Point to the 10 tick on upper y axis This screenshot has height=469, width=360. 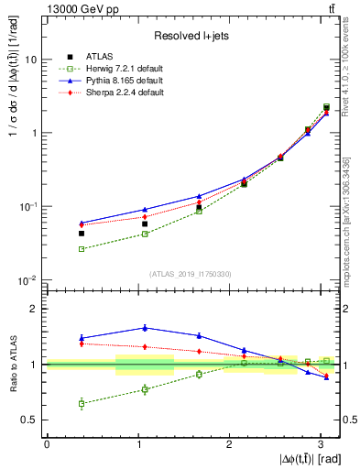[x=31, y=60]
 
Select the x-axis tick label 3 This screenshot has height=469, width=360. [x=320, y=444]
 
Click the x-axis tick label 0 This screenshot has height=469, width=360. [x=47, y=444]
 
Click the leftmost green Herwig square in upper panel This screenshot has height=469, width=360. [x=82, y=249]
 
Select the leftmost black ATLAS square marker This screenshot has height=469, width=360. [x=82, y=234]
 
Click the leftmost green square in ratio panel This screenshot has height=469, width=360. [x=82, y=403]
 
